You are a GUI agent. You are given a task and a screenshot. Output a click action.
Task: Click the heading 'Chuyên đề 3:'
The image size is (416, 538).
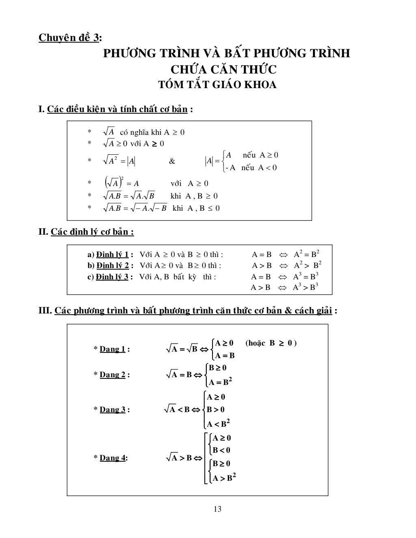pyautogui.click(x=70, y=38)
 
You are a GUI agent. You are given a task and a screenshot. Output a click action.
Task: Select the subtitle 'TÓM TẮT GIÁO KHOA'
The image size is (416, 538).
pyautogui.click(x=217, y=85)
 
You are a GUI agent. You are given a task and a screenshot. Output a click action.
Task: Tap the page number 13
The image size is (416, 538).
pyautogui.click(x=217, y=509)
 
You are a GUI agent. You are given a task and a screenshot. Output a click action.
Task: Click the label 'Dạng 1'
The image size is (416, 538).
pyautogui.click(x=113, y=349)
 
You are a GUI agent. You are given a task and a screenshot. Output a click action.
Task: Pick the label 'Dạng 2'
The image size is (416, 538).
pyautogui.click(x=113, y=375)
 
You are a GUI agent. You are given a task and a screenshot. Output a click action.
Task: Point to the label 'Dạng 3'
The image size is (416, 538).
pyautogui.click(x=113, y=410)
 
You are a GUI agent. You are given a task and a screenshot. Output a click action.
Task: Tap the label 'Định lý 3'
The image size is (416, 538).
pyautogui.click(x=112, y=277)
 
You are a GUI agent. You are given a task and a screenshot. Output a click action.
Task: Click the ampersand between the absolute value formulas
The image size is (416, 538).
pyautogui.click(x=172, y=161)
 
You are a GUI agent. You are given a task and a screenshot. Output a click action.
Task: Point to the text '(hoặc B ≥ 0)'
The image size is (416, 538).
pyautogui.click(x=271, y=343)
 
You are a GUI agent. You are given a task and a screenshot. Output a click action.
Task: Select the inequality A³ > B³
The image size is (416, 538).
pyautogui.click(x=305, y=287)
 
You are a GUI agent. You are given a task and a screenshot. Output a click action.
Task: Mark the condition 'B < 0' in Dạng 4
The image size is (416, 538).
pyautogui.click(x=221, y=450)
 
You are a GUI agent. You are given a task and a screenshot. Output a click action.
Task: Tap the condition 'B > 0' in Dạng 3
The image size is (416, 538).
pyautogui.click(x=216, y=410)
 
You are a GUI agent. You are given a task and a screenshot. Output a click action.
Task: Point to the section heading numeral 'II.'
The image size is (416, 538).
pyautogui.click(x=43, y=232)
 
